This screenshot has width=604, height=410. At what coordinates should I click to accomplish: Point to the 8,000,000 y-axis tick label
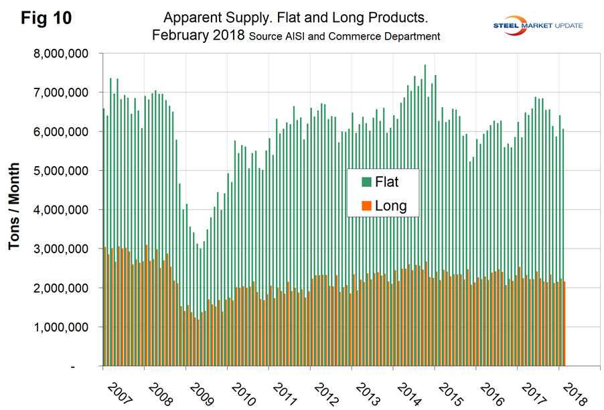coord(63,53)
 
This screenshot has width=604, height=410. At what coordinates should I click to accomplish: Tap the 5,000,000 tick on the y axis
coord(63,171)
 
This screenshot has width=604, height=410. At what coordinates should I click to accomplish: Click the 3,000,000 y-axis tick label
coord(63,249)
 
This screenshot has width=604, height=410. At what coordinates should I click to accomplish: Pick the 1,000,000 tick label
coord(63,328)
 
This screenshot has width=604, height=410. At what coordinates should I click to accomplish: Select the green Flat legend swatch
coord(366,182)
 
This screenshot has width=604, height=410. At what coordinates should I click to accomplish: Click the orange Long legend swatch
coord(366,206)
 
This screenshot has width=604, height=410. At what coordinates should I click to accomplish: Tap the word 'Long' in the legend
coord(391,206)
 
